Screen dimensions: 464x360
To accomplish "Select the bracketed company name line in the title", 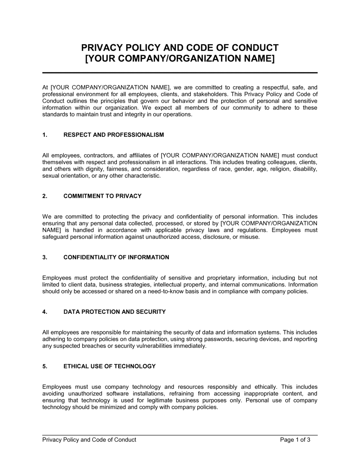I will click(180, 59).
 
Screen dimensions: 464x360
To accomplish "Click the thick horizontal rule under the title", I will click(180, 73).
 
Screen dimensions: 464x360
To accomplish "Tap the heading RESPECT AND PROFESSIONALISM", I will click(113, 135).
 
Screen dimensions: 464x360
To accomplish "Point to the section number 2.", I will click(45, 196).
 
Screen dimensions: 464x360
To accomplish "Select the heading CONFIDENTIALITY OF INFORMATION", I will click(116, 257).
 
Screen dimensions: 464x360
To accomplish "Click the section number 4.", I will click(45, 312).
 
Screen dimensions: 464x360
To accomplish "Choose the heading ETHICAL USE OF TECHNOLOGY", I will click(109, 366).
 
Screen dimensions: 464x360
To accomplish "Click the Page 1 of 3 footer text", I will click(295, 440).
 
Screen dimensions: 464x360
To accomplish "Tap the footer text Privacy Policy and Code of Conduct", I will click(89, 440).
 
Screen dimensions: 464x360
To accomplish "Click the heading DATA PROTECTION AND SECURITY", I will click(114, 312).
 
